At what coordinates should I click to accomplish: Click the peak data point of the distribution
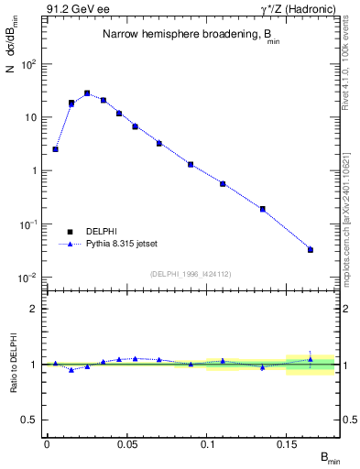(x=87, y=93)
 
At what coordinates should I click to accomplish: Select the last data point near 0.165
(x=311, y=249)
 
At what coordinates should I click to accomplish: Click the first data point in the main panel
(x=55, y=148)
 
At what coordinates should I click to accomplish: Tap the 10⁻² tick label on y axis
(x=28, y=277)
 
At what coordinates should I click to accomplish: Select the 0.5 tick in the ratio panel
(x=32, y=420)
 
